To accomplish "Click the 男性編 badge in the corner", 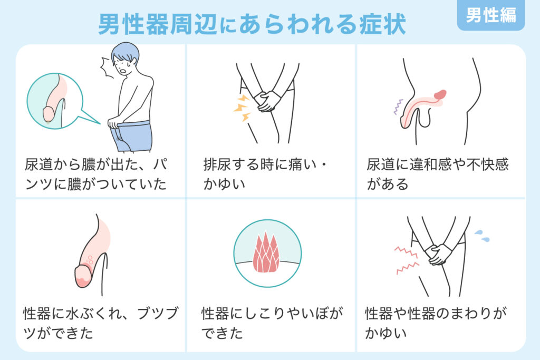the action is (491, 15).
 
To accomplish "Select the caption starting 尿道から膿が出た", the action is (96, 174).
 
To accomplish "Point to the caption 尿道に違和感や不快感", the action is (437, 164).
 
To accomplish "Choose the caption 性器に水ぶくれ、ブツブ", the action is (101, 313).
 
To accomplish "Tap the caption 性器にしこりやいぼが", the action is (272, 313).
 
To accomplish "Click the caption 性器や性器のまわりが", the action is (436, 313).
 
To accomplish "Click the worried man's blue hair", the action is (126, 52).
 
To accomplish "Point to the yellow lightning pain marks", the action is (242, 108).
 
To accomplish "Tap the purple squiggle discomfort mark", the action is (398, 106).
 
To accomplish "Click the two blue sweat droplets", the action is (482, 236).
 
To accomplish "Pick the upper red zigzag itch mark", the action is (406, 251).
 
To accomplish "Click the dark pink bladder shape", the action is (440, 94).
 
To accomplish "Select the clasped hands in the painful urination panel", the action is (267, 101).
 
